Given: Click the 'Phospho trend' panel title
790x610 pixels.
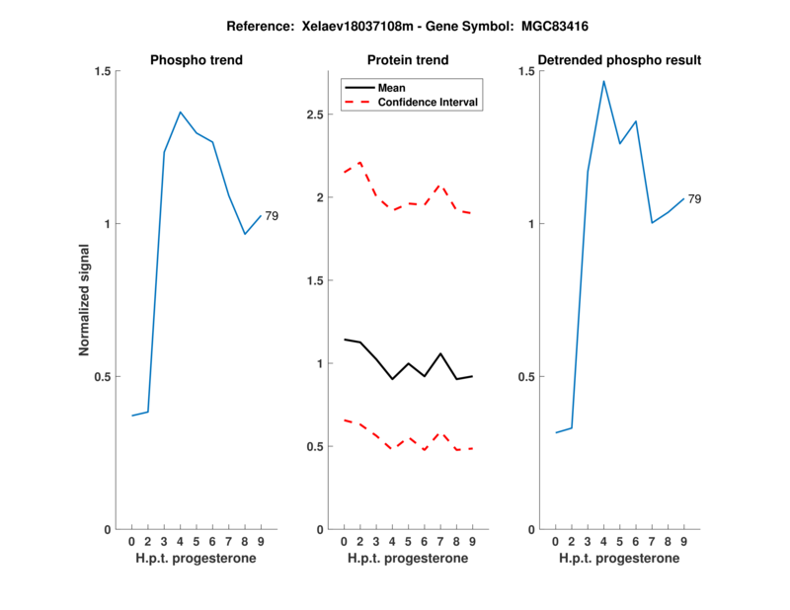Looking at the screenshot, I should pyautogui.click(x=196, y=60).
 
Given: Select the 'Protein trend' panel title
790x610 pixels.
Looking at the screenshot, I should pyautogui.click(x=408, y=60).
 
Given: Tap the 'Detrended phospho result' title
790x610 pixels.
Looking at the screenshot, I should pyautogui.click(x=619, y=60).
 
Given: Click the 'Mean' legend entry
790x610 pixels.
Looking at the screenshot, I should pyautogui.click(x=391, y=87).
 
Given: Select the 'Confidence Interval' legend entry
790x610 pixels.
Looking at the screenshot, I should pyautogui.click(x=429, y=101).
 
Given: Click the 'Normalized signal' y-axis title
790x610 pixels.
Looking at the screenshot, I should pyautogui.click(x=85, y=300).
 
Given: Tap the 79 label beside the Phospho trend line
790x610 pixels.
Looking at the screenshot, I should pyautogui.click(x=272, y=215).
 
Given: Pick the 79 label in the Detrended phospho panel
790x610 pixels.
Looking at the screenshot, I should pyautogui.click(x=694, y=199).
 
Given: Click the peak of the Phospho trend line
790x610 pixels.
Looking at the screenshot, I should pyautogui.click(x=180, y=112).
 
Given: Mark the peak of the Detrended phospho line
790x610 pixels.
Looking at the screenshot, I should pyautogui.click(x=603, y=81).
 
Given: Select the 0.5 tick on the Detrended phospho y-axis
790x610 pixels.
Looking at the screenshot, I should pyautogui.click(x=525, y=376).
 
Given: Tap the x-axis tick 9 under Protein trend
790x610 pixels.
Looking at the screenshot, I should pyautogui.click(x=473, y=541).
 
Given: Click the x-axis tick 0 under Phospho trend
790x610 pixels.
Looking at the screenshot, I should pyautogui.click(x=131, y=541).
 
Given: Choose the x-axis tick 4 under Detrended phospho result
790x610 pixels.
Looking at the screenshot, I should pyautogui.click(x=603, y=541).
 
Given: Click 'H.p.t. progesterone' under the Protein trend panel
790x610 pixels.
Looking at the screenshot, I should pyautogui.click(x=408, y=559).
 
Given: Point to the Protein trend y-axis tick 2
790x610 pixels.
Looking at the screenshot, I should pyautogui.click(x=318, y=197).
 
